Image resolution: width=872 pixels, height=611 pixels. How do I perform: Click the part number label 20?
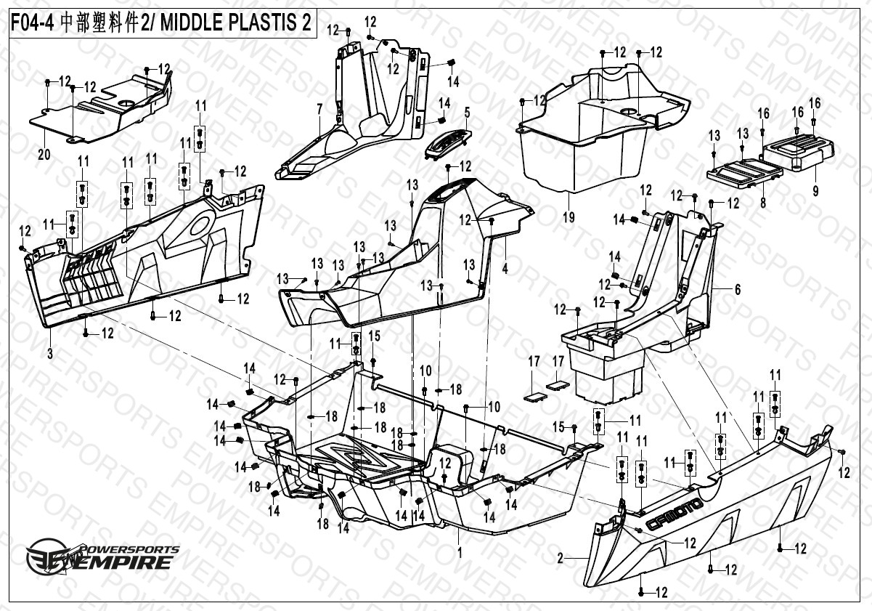(44, 155)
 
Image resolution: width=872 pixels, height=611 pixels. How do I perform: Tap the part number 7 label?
(319, 108)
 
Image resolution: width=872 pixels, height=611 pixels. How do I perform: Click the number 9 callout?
(815, 191)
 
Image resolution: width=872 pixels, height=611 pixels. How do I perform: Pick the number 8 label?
(762, 204)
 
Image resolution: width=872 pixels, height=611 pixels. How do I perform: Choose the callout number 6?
(737, 289)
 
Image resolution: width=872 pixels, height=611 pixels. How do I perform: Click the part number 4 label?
(505, 267)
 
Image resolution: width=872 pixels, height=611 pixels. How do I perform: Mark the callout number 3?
(50, 354)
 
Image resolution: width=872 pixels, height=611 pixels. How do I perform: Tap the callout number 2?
(561, 558)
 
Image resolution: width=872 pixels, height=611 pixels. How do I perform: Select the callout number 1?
(459, 552)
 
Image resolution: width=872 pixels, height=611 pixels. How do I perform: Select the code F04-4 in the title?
(31, 23)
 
